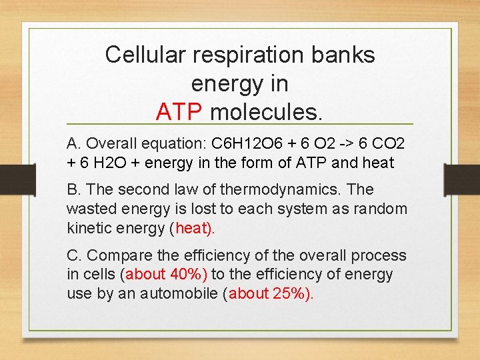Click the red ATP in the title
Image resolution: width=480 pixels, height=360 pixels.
[x=179, y=112]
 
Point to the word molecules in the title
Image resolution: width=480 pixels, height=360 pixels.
[x=266, y=112]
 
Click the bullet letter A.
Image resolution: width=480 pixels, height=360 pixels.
[x=73, y=144]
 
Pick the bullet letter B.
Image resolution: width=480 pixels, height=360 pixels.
[x=73, y=190]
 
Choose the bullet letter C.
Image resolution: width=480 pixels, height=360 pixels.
[x=73, y=255]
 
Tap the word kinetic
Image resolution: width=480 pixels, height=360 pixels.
[x=89, y=227]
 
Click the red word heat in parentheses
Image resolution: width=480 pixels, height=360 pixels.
[x=193, y=227]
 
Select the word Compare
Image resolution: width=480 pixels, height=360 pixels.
[x=116, y=255]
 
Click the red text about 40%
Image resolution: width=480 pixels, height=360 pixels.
[x=166, y=274]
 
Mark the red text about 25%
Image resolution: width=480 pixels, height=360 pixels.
[x=269, y=293]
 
